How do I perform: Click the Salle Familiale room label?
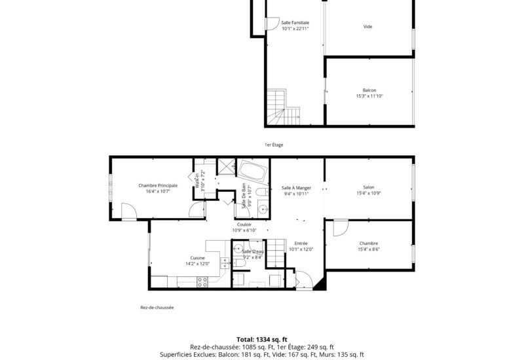(295, 23)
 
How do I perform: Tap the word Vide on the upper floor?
(367, 27)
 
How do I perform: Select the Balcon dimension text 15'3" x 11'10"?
(369, 96)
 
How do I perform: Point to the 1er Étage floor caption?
(274, 145)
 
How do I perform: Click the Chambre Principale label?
(158, 186)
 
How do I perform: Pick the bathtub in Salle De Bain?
(253, 171)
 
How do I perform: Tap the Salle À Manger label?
(297, 188)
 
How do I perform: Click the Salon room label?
(369, 187)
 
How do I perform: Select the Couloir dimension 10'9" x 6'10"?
(244, 230)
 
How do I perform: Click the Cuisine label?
(198, 258)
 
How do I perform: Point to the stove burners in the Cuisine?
(202, 282)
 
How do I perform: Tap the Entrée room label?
(301, 243)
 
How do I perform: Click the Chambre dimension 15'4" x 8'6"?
(369, 249)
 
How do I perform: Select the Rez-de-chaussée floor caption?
(157, 308)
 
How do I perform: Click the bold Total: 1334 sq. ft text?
(262, 340)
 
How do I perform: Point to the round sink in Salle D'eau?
(238, 249)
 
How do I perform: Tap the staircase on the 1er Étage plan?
(284, 107)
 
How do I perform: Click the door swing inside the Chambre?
(341, 228)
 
